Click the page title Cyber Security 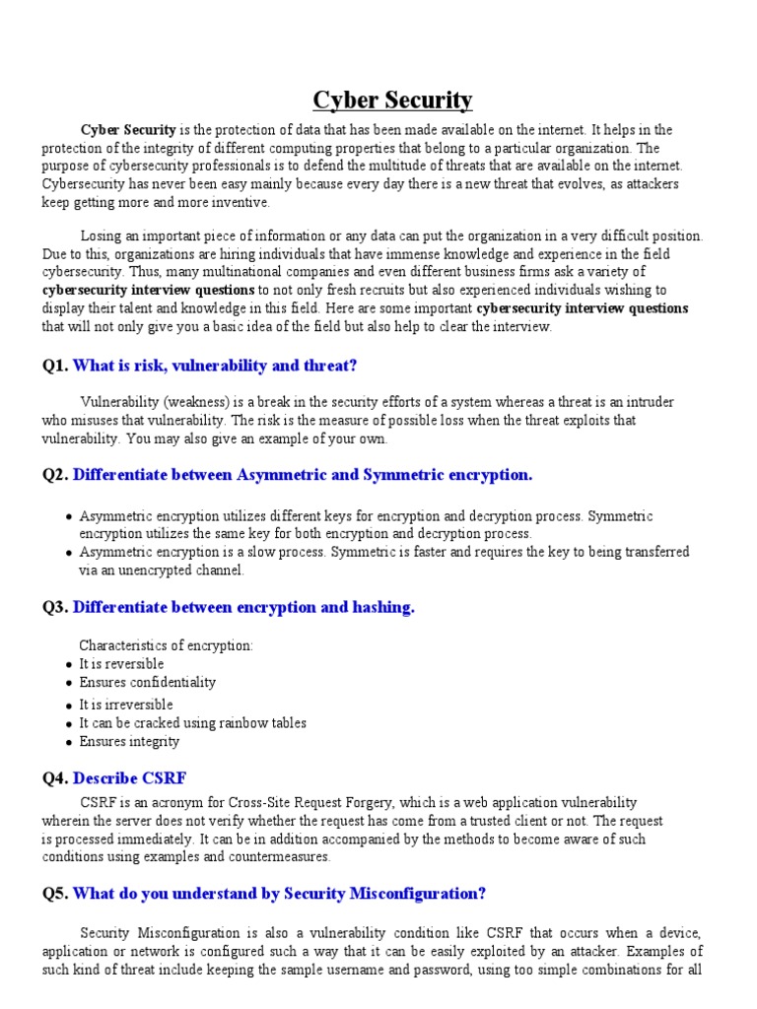click(392, 100)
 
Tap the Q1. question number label click(55, 366)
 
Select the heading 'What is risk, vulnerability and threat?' click(215, 366)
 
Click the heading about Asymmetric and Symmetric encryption click(303, 475)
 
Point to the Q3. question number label click(55, 607)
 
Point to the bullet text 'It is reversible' click(121, 664)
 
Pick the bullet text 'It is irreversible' click(125, 705)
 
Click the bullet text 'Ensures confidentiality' click(147, 682)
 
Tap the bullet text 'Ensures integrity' click(129, 741)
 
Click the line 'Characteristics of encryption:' click(166, 645)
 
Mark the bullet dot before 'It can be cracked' click(67, 724)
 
